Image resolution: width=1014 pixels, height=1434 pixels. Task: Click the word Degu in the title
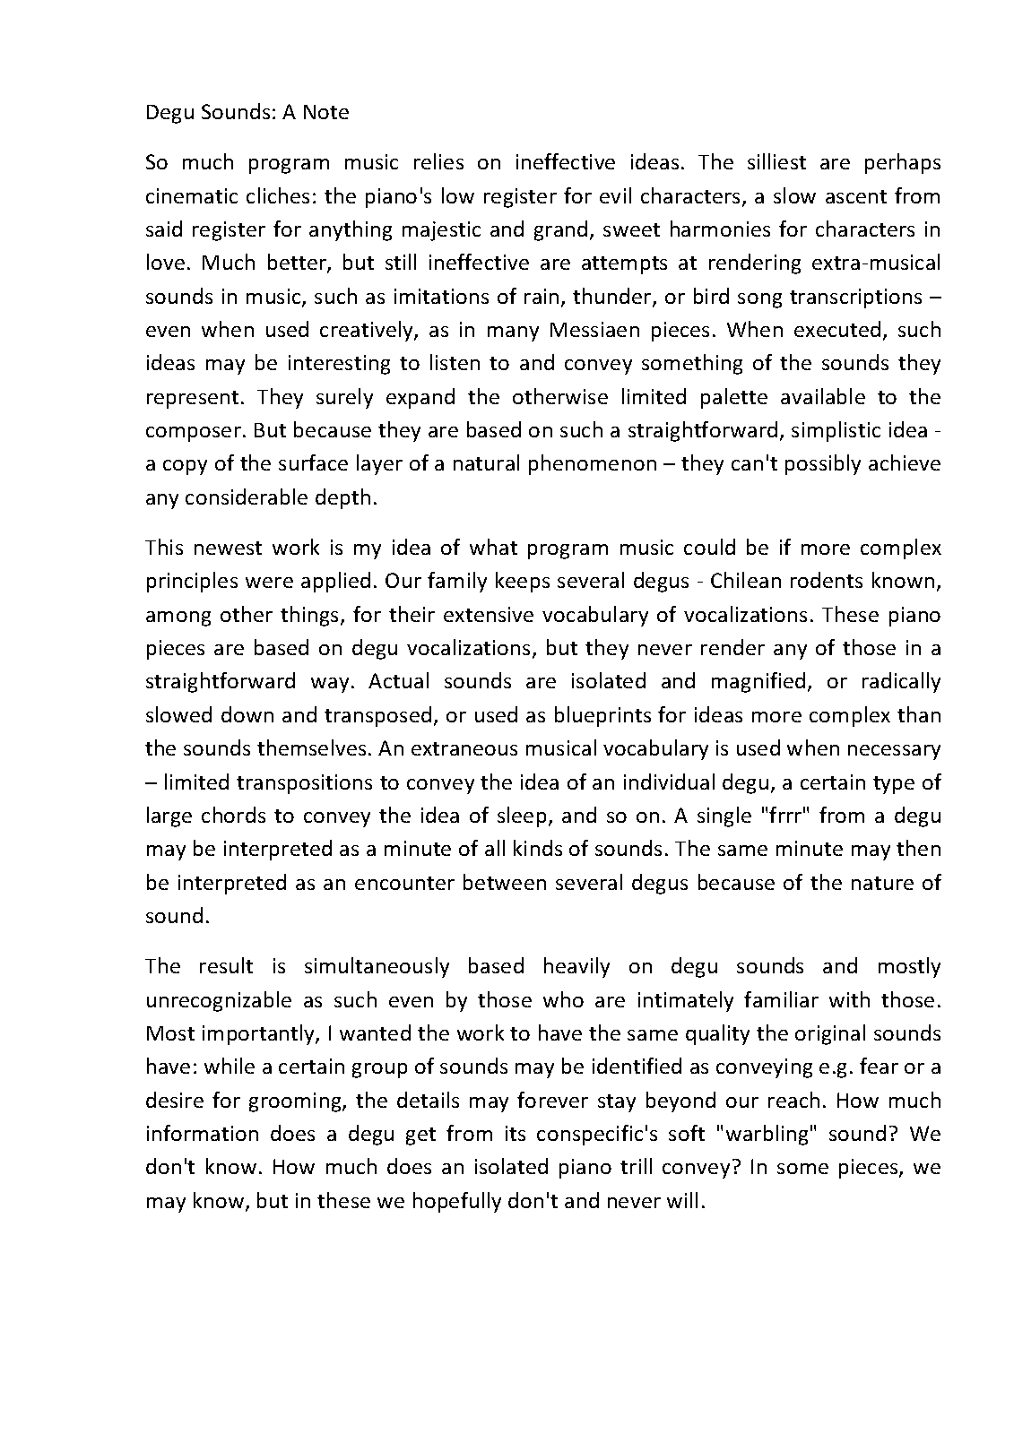169,112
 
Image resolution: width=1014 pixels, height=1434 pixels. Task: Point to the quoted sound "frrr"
784,816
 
